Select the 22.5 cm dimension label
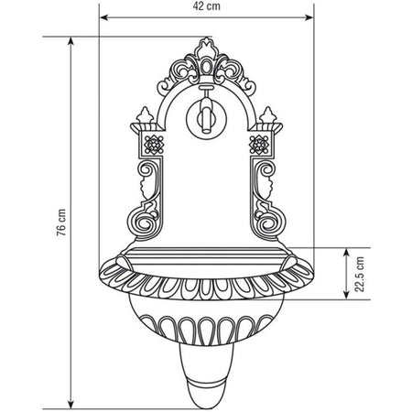pyautogui.click(x=361, y=272)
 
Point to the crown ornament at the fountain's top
pyautogui.click(x=206, y=50)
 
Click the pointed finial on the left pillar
pyautogui.click(x=144, y=114)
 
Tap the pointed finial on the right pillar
pyautogui.click(x=268, y=114)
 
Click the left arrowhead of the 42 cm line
pyautogui.click(x=101, y=17)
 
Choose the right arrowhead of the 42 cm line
pyautogui.click(x=312, y=17)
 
